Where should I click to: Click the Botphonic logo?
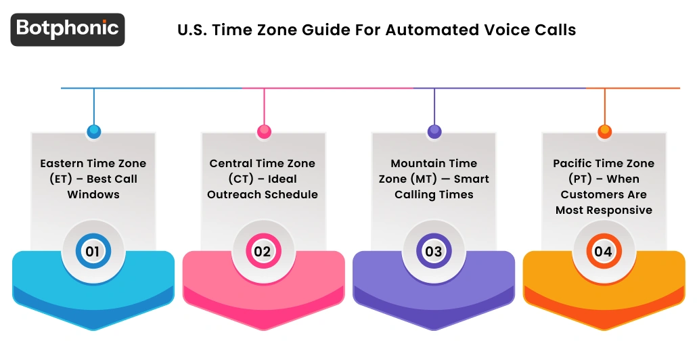tap(68, 29)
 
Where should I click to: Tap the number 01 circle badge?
tap(93, 252)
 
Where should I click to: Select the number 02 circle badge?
tap(263, 252)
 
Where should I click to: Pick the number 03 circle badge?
tap(433, 252)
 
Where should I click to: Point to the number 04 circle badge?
tap(603, 252)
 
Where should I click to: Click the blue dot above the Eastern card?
tap(93, 131)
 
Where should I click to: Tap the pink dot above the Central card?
tap(264, 131)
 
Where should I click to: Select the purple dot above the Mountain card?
tap(434, 131)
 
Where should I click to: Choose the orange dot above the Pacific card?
tap(604, 131)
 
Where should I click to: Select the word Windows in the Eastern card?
tap(93, 195)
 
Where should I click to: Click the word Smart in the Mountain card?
tap(471, 179)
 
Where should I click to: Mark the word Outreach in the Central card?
tap(234, 195)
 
